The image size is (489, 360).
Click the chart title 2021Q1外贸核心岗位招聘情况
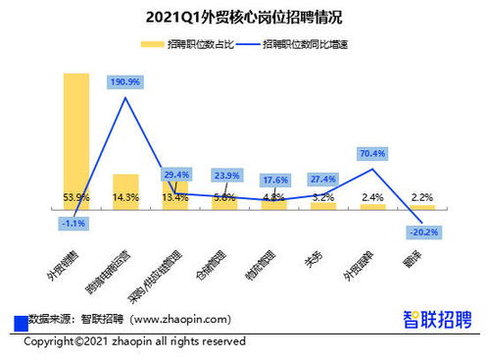point(243,17)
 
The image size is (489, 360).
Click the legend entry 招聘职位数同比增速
point(297,45)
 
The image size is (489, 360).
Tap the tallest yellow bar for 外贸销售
point(76,137)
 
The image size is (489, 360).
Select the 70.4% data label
point(372,153)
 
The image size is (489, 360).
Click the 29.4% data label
point(177,174)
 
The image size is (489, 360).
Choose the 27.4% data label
point(322,179)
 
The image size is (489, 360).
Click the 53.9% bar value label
point(76,197)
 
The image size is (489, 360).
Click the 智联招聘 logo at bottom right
point(437,319)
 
